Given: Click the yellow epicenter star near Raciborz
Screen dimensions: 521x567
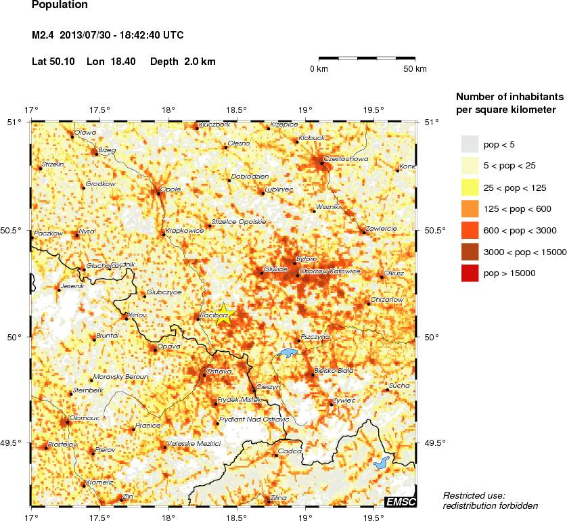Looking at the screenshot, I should pyautogui.click(x=225, y=314).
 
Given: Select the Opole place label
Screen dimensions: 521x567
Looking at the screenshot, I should pyautogui.click(x=171, y=189).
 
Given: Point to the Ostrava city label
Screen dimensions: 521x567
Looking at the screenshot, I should pyautogui.click(x=219, y=371).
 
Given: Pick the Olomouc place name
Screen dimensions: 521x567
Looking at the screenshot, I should pyautogui.click(x=85, y=418).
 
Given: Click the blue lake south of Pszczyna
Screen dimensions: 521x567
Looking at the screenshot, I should pyautogui.click(x=288, y=353).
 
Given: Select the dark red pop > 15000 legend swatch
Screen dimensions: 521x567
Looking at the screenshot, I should pyautogui.click(x=470, y=273).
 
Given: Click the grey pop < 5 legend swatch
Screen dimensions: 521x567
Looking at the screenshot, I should pyautogui.click(x=470, y=144).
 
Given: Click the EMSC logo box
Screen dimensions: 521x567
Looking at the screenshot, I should pyautogui.click(x=400, y=501).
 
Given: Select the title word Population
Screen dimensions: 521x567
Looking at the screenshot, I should pyautogui.click(x=60, y=5).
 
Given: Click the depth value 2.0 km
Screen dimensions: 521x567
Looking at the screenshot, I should pyautogui.click(x=201, y=62).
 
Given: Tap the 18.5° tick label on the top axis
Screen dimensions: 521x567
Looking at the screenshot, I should pyautogui.click(x=235, y=110).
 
